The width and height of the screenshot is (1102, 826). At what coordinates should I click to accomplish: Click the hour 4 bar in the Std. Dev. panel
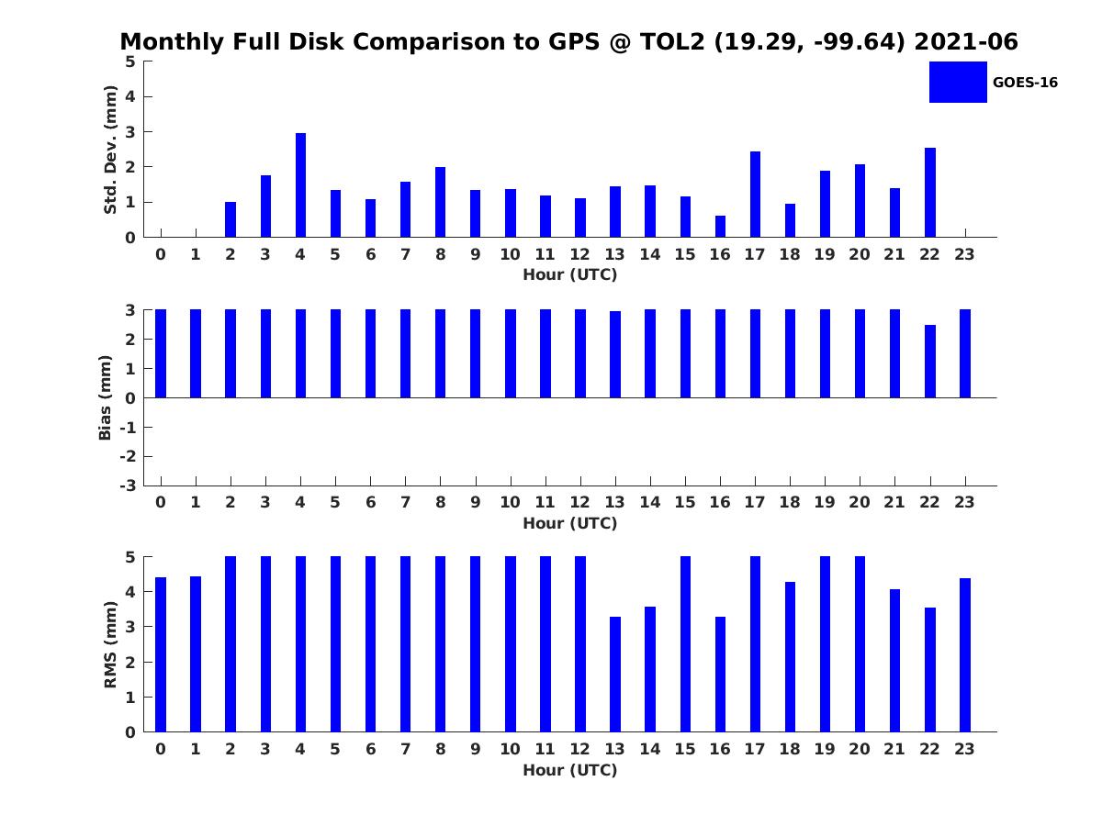tap(300, 185)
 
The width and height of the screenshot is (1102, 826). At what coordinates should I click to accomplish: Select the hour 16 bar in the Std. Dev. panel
tap(720, 226)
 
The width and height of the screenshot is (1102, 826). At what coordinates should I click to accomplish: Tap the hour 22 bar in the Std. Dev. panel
tap(929, 193)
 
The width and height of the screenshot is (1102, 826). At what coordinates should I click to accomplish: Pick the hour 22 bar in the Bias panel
tap(929, 361)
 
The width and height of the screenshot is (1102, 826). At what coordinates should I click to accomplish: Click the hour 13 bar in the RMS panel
tap(615, 674)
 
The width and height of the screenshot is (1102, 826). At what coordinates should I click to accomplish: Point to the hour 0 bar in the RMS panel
tap(161, 654)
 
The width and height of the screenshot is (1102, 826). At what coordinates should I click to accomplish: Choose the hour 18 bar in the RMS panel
tap(790, 657)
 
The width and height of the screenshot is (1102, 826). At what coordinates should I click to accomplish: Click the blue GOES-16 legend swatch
tap(958, 83)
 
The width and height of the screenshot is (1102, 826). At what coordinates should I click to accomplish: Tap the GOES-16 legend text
tap(1025, 83)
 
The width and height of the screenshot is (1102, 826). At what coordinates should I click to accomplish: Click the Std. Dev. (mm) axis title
tap(110, 150)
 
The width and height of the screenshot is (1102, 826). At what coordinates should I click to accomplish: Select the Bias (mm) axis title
tap(105, 397)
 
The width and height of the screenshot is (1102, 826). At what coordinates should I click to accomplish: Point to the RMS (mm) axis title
tap(110, 644)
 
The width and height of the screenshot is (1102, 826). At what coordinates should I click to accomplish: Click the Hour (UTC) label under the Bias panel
tap(570, 523)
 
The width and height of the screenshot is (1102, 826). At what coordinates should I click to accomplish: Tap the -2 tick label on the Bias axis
tap(128, 456)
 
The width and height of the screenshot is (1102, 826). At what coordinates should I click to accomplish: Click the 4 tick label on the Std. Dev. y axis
tap(130, 96)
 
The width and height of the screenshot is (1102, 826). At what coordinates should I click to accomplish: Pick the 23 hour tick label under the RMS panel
tap(964, 749)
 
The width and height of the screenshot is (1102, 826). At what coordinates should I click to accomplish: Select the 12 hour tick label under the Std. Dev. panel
tap(579, 254)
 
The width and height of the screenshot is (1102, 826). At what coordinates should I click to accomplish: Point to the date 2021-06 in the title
tap(966, 41)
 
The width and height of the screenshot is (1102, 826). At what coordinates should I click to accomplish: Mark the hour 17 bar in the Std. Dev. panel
tap(755, 194)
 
